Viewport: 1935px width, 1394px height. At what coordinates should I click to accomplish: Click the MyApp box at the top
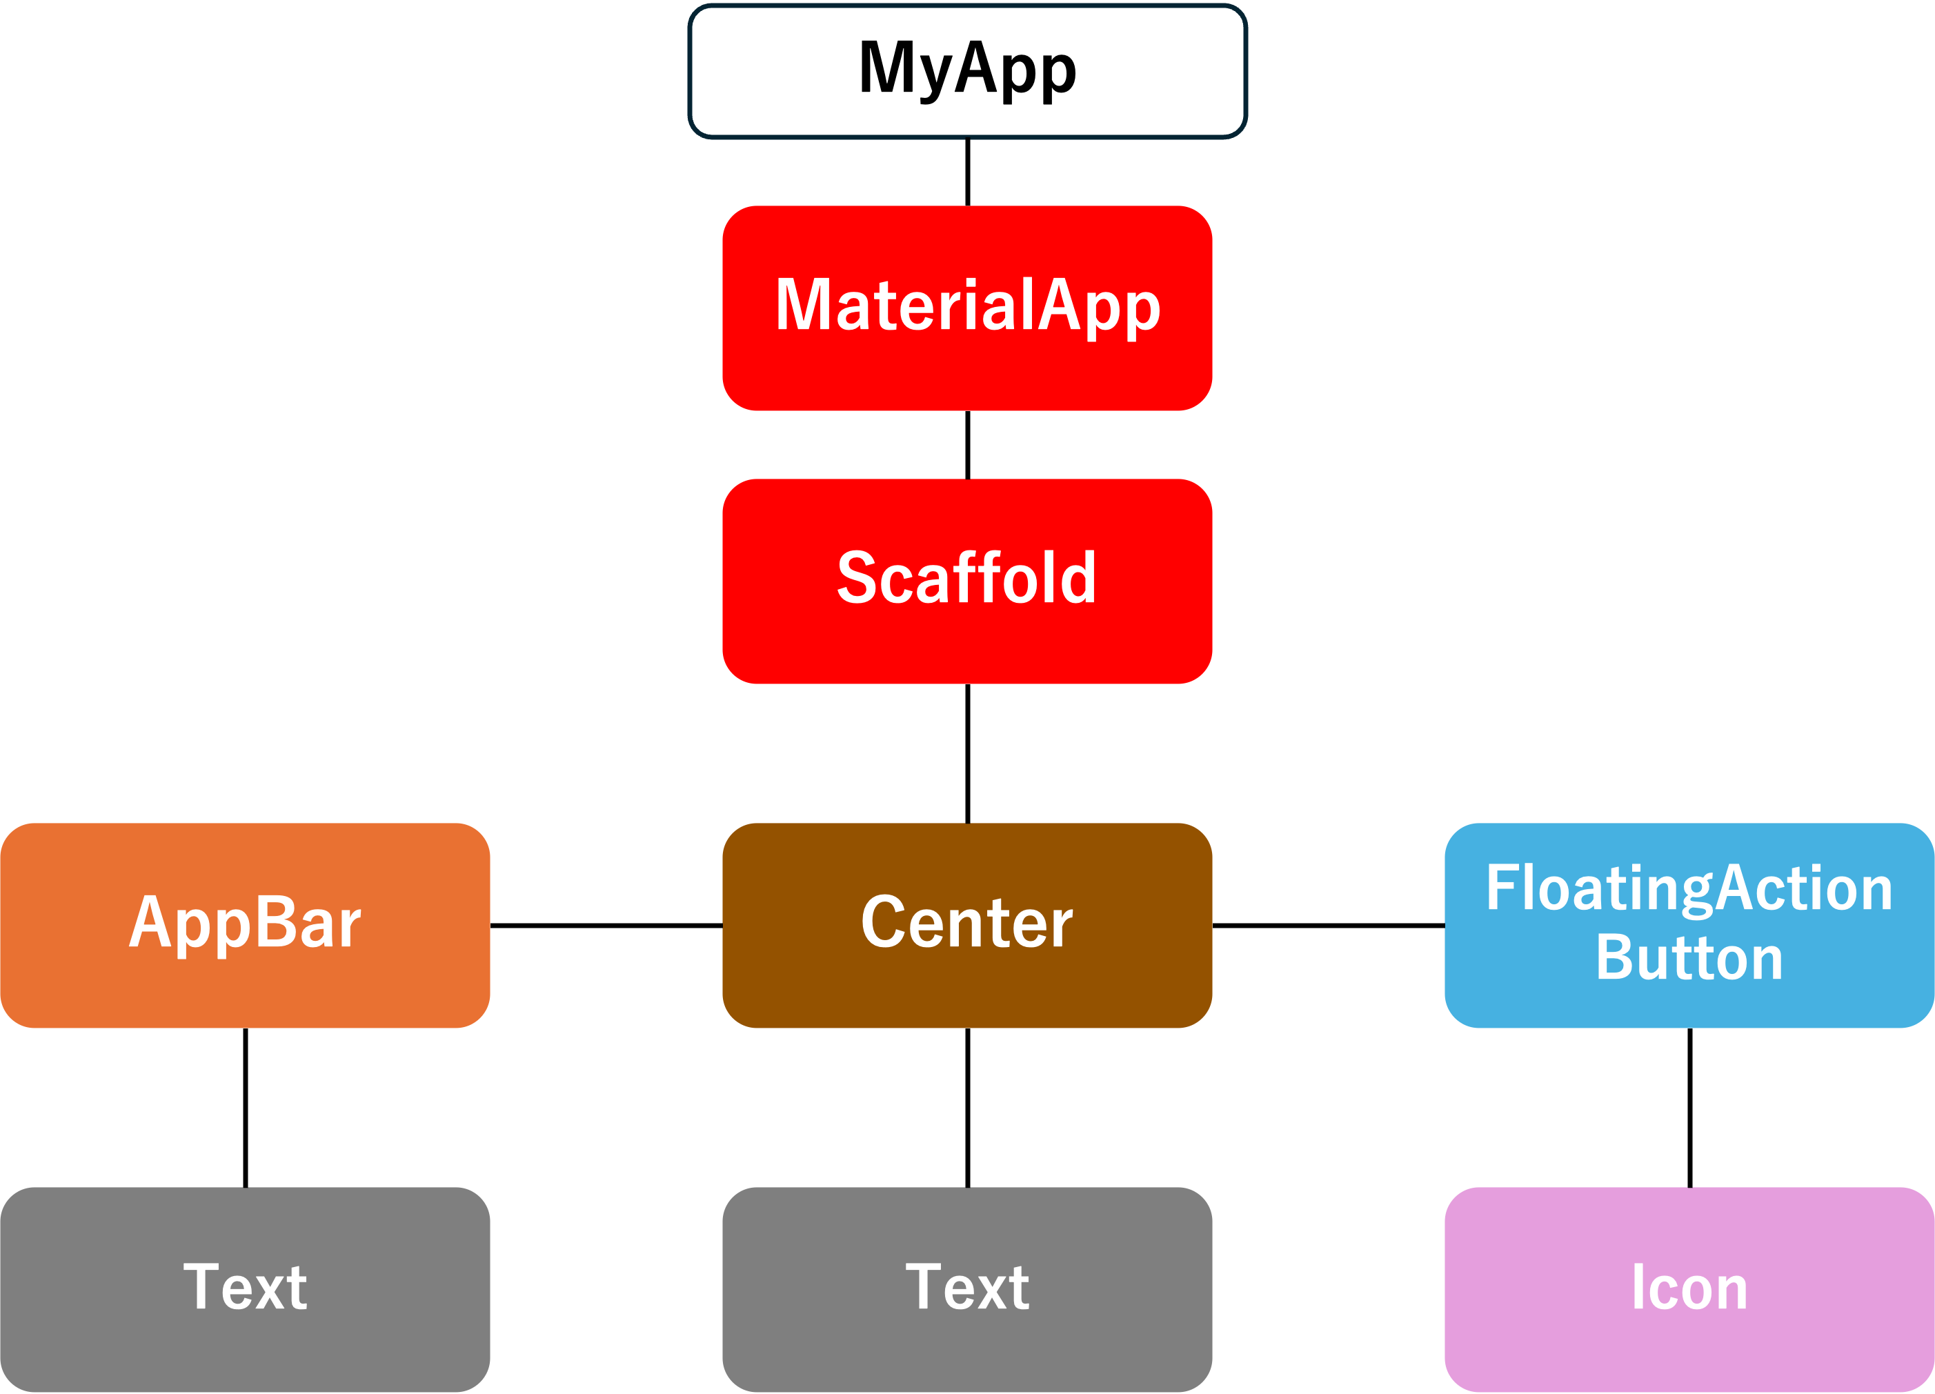point(967,72)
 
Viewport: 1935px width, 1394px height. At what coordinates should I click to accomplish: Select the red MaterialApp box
point(967,308)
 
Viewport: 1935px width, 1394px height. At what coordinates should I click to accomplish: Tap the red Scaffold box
point(967,581)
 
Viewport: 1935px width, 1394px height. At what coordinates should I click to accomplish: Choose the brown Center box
point(967,925)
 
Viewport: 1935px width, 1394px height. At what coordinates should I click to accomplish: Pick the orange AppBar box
point(245,925)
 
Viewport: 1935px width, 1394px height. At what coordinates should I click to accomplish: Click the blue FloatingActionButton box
point(1689,925)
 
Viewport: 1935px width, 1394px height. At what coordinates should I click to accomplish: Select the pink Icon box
point(1689,1289)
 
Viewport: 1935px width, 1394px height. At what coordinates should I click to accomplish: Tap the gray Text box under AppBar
point(245,1289)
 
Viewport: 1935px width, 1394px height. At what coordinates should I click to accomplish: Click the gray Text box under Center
point(967,1289)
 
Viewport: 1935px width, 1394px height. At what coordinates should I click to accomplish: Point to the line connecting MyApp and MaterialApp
point(967,172)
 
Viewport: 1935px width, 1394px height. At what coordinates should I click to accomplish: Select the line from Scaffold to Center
point(967,753)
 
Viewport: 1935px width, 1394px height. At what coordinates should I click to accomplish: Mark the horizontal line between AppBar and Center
point(606,925)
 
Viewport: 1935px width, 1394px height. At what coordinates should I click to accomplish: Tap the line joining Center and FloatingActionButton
point(1329,925)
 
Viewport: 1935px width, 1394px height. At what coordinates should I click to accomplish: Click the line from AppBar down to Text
point(246,1107)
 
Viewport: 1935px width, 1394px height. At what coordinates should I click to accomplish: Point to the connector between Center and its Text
point(967,1107)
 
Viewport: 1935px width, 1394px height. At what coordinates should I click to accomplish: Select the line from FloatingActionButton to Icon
point(1689,1107)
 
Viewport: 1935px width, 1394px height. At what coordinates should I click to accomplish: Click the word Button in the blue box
point(1689,957)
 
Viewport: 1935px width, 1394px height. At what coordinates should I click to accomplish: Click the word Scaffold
point(966,577)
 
